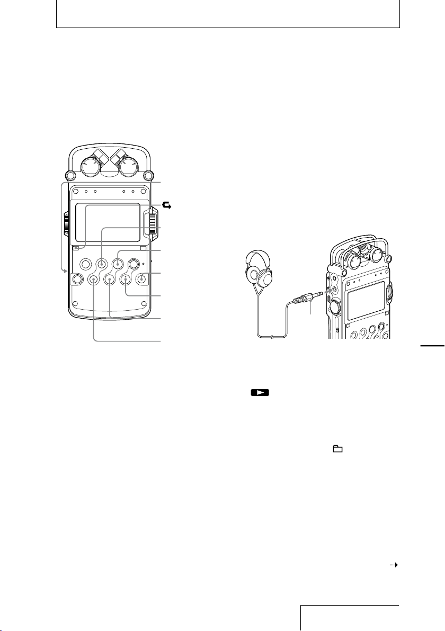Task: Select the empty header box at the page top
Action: pyautogui.click(x=228, y=15)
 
